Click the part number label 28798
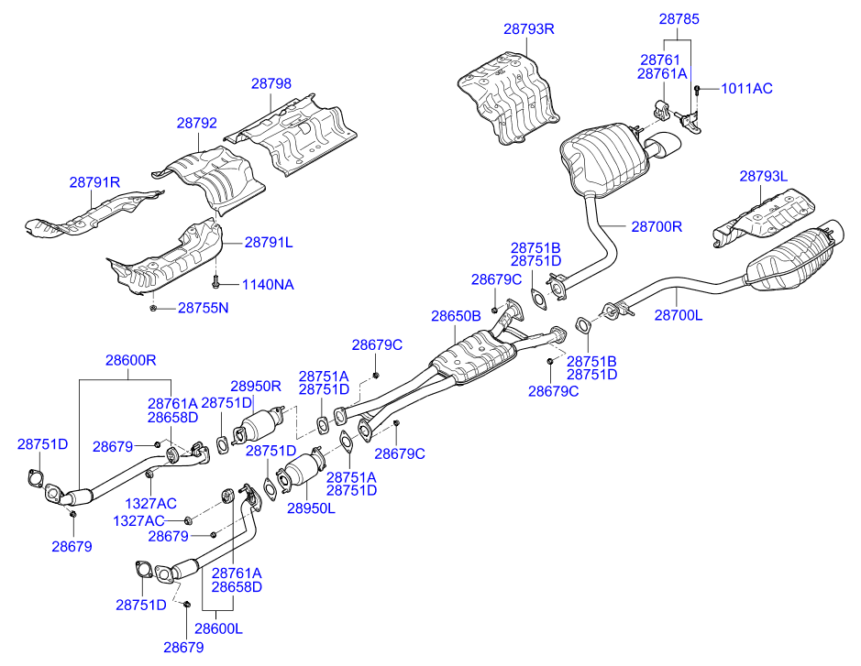coord(271,83)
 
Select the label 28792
coord(197,122)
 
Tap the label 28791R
coord(94,182)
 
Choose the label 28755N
coord(203,308)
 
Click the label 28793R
coord(529,28)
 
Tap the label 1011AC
coord(746,89)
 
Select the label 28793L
coord(764,175)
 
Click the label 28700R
coord(657,224)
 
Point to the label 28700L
coord(678,315)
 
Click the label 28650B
coord(456,316)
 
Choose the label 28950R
coord(255,387)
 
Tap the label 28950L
coord(311,507)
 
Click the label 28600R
coord(130,361)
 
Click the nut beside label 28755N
coord(153,308)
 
